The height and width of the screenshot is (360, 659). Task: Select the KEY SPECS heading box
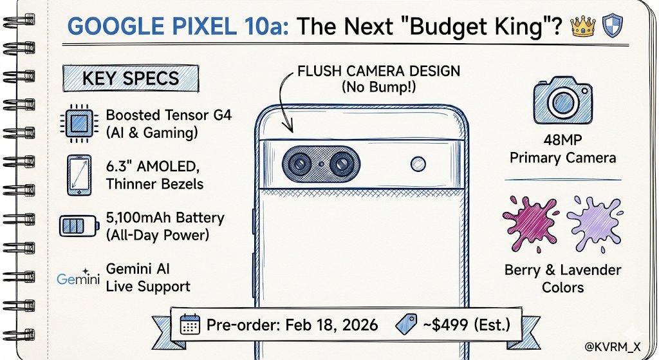[131, 79]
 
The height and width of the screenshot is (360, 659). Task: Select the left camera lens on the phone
[299, 165]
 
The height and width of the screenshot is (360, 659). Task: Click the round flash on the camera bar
[419, 163]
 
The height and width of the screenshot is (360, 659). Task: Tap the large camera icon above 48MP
[562, 103]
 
